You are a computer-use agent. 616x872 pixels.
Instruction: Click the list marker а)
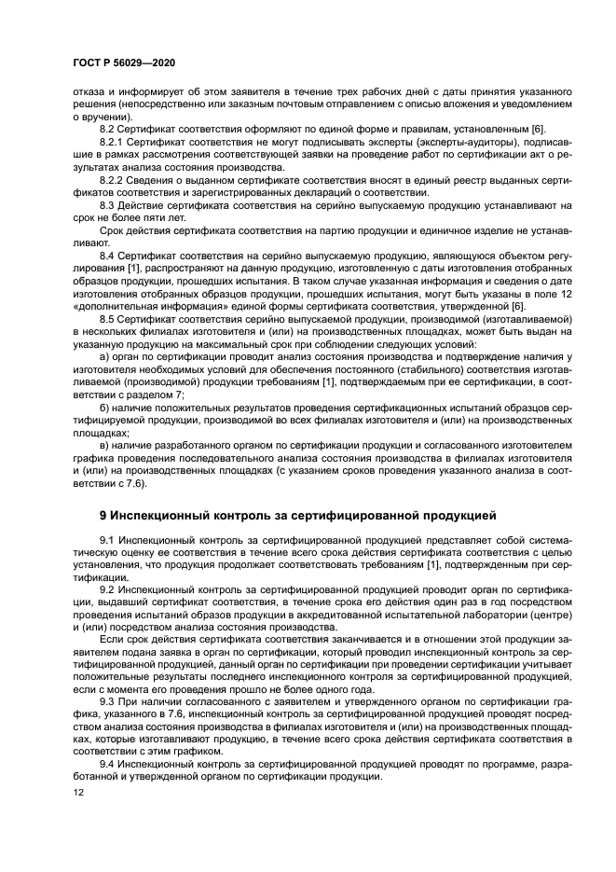(104, 356)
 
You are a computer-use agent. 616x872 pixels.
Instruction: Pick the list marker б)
(104, 408)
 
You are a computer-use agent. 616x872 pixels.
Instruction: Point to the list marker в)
(104, 446)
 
